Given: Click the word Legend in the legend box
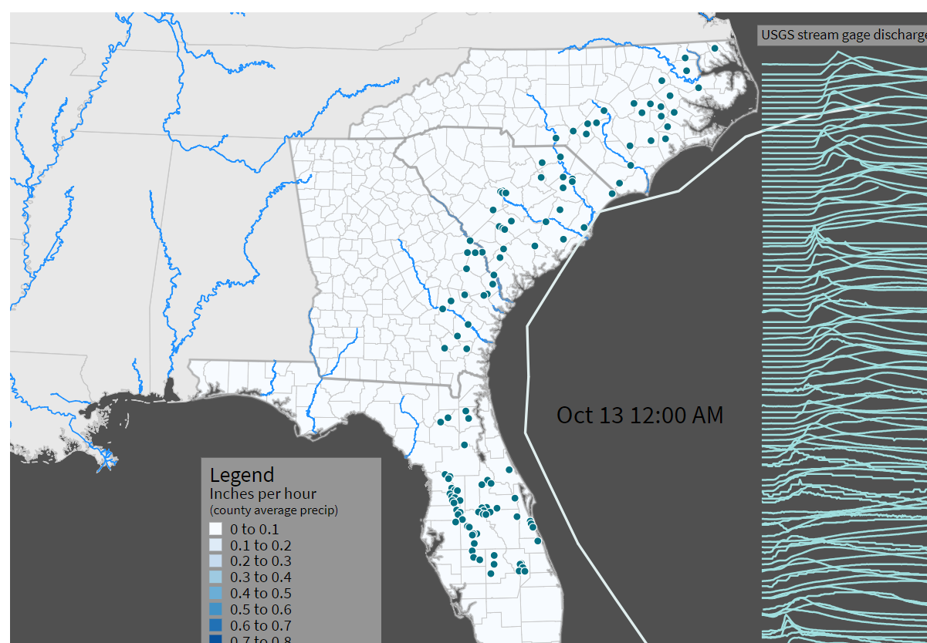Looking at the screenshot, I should [242, 475].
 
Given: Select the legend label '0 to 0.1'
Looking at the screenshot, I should [255, 529].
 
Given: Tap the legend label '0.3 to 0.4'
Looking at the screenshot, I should [261, 577].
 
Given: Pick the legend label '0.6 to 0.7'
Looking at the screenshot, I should [261, 625].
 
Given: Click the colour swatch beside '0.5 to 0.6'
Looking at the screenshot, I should [215, 609].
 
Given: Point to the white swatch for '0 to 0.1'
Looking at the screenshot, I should [215, 529].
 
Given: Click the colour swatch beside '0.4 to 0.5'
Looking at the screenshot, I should [215, 593].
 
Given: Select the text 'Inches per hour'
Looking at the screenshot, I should [262, 493].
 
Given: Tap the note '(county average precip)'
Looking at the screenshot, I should [274, 510].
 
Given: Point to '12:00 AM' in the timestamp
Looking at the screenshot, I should [677, 415].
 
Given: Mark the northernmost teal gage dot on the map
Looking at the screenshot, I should [715, 48].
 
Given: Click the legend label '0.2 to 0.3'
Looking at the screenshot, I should [261, 561].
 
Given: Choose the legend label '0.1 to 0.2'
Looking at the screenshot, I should [261, 545].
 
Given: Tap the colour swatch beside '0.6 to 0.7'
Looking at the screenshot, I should [215, 625].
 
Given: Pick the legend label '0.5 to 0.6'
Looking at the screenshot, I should [261, 609].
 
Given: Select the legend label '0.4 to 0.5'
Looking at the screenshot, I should [261, 593].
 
